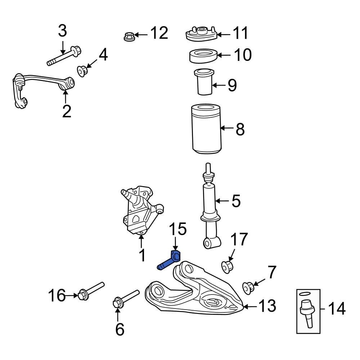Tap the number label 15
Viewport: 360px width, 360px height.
[178, 229]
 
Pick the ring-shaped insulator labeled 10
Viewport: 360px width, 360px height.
[203, 56]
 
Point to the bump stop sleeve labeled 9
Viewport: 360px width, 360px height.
[204, 82]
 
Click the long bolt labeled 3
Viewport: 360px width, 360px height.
[64, 55]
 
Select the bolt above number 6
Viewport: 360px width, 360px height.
[126, 297]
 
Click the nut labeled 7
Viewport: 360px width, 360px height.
[248, 287]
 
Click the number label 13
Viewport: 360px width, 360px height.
[267, 306]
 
